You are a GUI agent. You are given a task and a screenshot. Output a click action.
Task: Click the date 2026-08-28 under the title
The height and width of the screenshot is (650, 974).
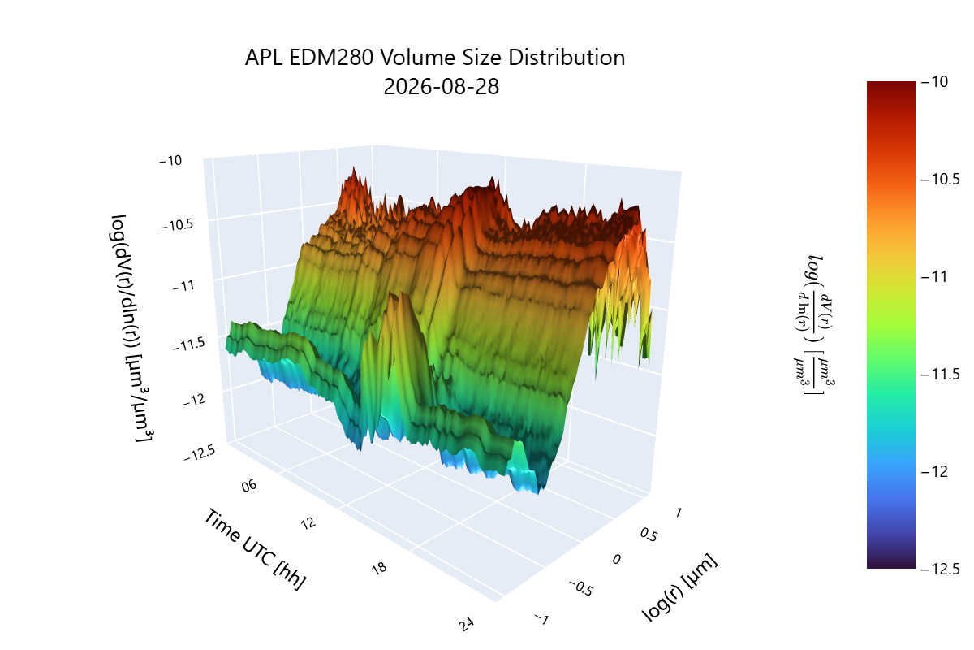[x=441, y=87]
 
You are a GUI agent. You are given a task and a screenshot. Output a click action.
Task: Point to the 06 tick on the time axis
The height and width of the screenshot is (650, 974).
[x=249, y=485]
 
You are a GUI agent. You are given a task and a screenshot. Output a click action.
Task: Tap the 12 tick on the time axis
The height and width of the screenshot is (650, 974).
[x=308, y=522]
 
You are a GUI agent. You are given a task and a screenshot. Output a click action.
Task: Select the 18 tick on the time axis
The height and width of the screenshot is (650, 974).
[x=379, y=568]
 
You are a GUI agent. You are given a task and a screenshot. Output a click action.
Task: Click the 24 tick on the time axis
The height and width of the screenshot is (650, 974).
[x=467, y=624]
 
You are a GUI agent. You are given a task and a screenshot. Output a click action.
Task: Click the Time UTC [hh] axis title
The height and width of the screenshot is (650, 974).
[x=255, y=549]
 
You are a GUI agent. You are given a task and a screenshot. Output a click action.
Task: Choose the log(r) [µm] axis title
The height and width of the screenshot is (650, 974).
[x=679, y=587]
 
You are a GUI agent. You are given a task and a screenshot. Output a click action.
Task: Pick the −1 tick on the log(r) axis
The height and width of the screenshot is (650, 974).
[x=542, y=619]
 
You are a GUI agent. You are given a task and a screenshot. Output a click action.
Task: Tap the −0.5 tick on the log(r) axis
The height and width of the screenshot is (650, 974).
[x=581, y=588]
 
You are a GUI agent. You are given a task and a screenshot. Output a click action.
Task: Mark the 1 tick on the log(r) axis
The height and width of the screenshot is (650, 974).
[x=679, y=513]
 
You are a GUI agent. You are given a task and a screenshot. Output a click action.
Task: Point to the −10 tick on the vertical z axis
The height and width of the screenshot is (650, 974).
[x=170, y=161]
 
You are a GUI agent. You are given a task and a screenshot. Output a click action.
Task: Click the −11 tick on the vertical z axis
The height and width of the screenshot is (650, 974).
[x=183, y=286]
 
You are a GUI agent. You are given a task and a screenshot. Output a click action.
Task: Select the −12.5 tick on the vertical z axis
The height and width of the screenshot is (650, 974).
[x=200, y=453]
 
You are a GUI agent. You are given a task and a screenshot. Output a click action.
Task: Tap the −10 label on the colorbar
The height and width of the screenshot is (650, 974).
[x=934, y=81]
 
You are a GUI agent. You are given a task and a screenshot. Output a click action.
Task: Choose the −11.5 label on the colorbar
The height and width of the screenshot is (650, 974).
[x=940, y=374]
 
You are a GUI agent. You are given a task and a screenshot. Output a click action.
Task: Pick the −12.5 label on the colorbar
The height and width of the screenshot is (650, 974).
[x=940, y=569]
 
